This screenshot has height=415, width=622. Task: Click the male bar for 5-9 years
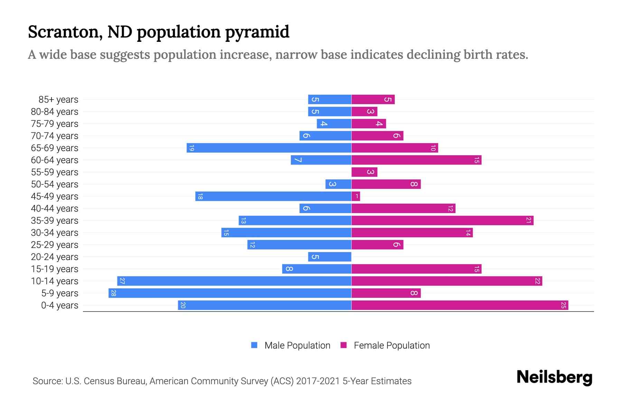click(230, 293)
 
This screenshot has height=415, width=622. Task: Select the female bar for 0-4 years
click(460, 305)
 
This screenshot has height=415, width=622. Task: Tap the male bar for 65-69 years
click(269, 148)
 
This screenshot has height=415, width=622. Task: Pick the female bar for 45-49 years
click(356, 196)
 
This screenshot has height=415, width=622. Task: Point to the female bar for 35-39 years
click(442, 221)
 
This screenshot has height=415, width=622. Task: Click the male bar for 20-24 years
click(330, 257)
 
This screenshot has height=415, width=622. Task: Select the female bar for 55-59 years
click(364, 172)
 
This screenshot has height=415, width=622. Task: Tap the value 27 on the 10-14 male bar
click(122, 281)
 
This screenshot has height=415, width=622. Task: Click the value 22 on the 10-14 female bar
click(537, 281)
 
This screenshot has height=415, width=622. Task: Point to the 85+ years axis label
click(58, 100)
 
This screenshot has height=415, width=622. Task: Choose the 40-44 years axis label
click(55, 209)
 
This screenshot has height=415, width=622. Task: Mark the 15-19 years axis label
click(55, 269)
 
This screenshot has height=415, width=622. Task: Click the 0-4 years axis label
click(59, 305)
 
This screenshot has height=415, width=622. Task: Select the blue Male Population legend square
click(254, 345)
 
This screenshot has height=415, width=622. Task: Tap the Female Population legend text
click(392, 345)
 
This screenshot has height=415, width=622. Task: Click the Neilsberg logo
click(554, 377)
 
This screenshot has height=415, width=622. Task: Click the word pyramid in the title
click(257, 32)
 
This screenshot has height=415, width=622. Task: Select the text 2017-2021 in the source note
click(318, 381)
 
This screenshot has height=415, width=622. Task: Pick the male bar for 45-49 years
click(273, 196)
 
